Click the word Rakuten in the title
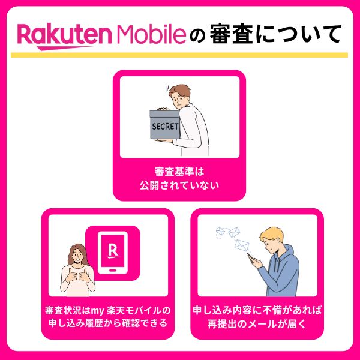pyautogui.click(x=62, y=35)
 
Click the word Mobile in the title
pyautogui.click(x=149, y=35)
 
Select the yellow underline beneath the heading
pyautogui.click(x=179, y=55)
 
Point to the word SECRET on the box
pyautogui.click(x=165, y=127)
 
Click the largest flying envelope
pyautogui.click(x=241, y=245)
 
